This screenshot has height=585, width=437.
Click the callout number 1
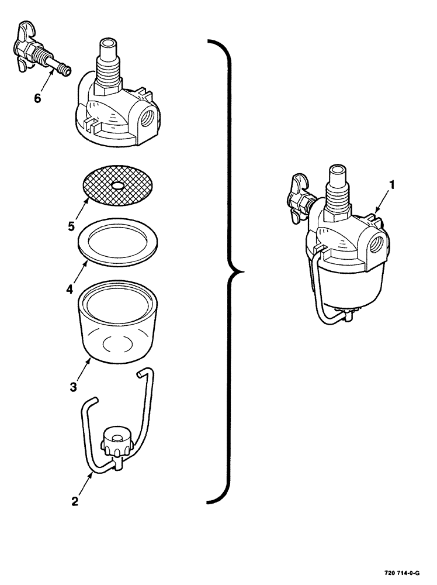pyautogui.click(x=392, y=185)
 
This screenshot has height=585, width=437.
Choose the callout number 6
pyautogui.click(x=37, y=98)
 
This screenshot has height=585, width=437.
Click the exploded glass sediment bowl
pyautogui.click(x=119, y=328)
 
